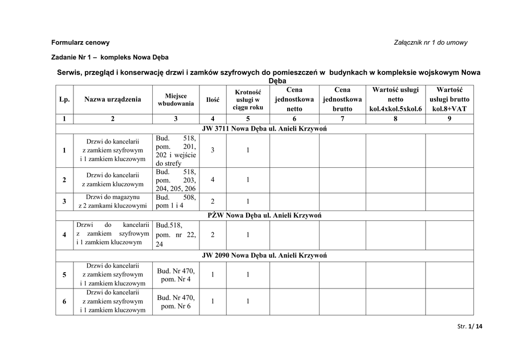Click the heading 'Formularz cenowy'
point(81,43)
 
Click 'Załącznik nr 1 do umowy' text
point(431,43)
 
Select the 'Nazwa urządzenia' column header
point(113,99)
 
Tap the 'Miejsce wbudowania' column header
point(176,99)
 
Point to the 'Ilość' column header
point(213,100)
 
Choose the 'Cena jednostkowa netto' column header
point(294,99)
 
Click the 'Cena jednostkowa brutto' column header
point(342,99)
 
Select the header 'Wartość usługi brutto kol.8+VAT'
point(449,99)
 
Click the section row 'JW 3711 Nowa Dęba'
point(264,129)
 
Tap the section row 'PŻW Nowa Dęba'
point(264,216)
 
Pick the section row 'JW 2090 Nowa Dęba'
point(264,255)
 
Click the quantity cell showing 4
point(213,180)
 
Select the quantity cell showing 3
point(213,150)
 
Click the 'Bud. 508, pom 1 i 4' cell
point(176,201)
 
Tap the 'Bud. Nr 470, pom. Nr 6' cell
point(176,302)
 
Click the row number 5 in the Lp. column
point(64,275)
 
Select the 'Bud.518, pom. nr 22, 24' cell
point(176,235)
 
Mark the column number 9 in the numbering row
point(449,119)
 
